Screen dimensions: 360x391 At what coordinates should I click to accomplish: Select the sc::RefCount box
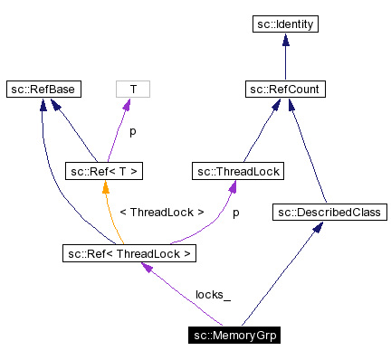click(x=285, y=90)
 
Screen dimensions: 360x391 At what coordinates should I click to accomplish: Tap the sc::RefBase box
click(x=43, y=90)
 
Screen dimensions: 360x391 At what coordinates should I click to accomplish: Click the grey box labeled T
click(x=133, y=90)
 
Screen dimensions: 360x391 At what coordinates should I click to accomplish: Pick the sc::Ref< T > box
click(x=106, y=170)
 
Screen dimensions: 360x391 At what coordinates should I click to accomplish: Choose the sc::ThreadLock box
click(x=238, y=170)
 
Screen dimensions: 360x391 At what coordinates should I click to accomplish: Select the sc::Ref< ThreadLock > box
click(x=129, y=253)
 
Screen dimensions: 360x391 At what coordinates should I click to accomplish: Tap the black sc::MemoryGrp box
click(x=235, y=336)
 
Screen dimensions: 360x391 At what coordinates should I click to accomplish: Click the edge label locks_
click(x=214, y=295)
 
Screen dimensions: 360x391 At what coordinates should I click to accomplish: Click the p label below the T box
click(x=132, y=131)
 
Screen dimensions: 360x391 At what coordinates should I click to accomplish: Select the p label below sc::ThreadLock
click(x=236, y=213)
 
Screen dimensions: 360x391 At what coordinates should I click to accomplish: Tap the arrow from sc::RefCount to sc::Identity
click(x=285, y=58)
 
